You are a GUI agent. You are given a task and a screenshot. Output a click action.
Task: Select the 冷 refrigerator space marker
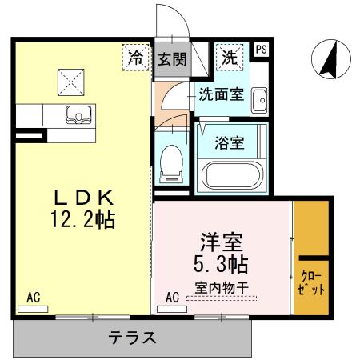[137, 57]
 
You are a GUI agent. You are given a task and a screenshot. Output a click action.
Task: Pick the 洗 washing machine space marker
[229, 57]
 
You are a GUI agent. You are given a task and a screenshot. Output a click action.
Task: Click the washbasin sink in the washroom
[259, 101]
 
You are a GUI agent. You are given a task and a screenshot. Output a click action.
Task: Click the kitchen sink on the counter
[79, 114]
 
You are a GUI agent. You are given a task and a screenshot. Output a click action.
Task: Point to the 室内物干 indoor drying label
[221, 287]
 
